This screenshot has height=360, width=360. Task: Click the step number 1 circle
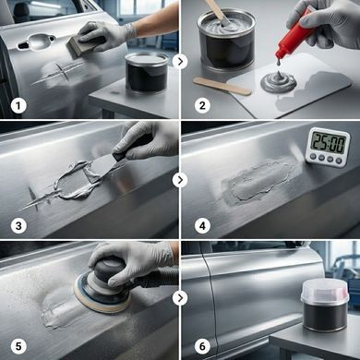point(18,106)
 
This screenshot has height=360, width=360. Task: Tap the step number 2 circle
point(202,106)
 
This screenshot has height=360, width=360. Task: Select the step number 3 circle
point(18,226)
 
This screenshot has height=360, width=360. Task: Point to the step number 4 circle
point(202,226)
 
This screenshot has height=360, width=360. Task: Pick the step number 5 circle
point(18,346)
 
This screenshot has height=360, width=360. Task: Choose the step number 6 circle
point(202,346)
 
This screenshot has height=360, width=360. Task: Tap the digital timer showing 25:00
point(329,147)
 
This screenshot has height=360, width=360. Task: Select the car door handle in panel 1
point(36,42)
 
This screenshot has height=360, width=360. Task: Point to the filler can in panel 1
point(147,73)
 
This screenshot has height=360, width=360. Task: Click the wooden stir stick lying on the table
point(222,86)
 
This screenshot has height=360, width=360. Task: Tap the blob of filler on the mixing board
point(279,81)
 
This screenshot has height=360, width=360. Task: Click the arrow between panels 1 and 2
point(180,62)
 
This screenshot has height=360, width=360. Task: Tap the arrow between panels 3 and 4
point(180,180)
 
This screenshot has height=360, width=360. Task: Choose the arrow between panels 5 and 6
point(180,298)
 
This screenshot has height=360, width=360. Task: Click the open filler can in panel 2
point(225,40)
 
